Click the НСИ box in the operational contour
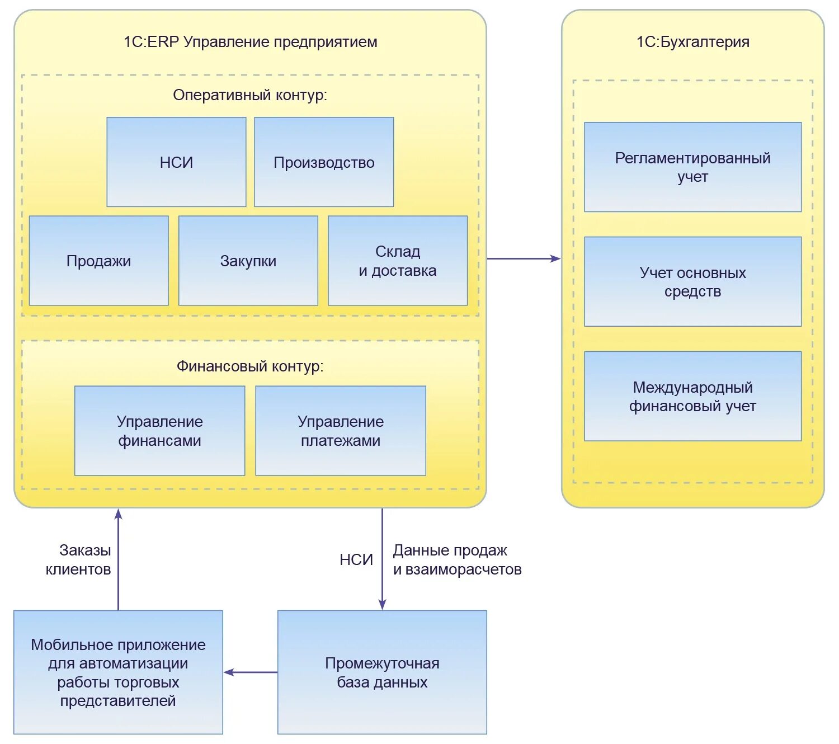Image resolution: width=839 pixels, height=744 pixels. coord(176,162)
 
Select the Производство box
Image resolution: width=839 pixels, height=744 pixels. coord(324,162)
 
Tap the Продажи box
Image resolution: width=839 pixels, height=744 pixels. coord(98,261)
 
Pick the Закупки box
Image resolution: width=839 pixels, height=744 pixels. coord(248,261)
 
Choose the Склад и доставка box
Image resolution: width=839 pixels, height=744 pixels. coord(398,261)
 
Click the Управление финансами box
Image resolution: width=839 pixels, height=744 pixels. coord(159,431)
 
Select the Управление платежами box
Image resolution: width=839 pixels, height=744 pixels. coord(341,431)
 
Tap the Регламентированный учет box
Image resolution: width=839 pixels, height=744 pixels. coord(693,167)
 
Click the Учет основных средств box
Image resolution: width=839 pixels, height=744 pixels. coord(693,282)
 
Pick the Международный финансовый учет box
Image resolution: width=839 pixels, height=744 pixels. coord(693,397)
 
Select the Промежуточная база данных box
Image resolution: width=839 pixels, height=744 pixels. coord(382,672)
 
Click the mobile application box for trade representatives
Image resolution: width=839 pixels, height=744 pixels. coord(118,672)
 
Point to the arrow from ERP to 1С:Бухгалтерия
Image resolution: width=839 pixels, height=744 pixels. coord(524,258)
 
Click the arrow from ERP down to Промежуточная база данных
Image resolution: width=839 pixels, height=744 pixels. coord(382,559)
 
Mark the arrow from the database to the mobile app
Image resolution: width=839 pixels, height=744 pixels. coord(251,672)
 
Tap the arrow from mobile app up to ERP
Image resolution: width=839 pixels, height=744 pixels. coord(119,559)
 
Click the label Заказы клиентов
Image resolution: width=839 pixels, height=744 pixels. coord(78,559)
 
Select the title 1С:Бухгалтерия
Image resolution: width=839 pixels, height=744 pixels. coord(693,42)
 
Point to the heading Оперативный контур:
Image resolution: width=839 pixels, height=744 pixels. coord(249,95)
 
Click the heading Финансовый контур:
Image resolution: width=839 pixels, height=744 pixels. coord(250,366)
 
